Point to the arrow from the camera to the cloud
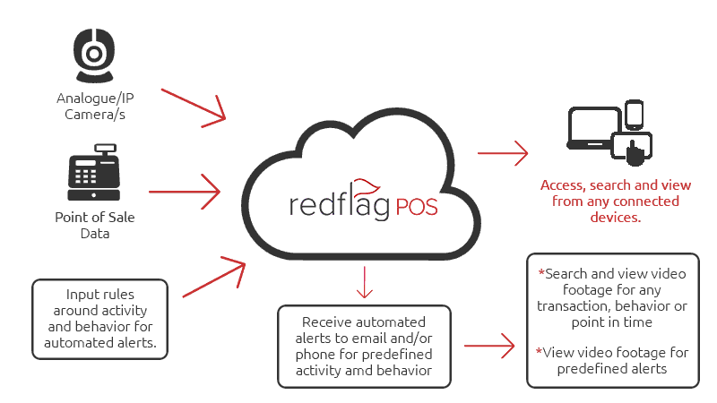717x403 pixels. (194, 103)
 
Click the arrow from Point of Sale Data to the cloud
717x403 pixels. (184, 190)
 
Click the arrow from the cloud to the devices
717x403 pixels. (502, 153)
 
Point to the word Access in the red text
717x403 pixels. (561, 185)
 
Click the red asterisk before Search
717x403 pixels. (540, 272)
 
